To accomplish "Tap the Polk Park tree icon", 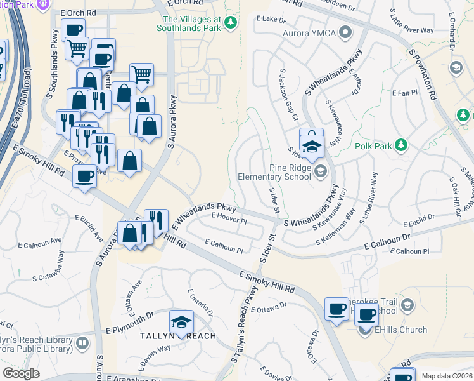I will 400,145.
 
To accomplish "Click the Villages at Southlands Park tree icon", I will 232,23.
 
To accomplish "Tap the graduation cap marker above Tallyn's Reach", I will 182,322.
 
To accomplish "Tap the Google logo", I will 21,373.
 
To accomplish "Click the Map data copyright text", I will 447,376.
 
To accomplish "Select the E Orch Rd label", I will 78,13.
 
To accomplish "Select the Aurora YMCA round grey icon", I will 345,32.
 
